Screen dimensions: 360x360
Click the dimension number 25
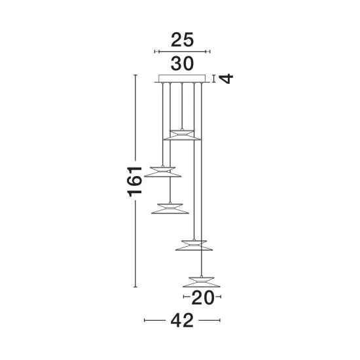[183, 40]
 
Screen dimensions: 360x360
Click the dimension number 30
[183, 63]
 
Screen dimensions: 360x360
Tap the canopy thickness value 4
[226, 79]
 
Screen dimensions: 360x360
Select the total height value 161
[135, 181]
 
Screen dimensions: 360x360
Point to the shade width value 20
[202, 298]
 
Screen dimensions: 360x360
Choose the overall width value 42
[182, 321]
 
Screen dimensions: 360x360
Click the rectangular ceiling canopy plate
[182, 79]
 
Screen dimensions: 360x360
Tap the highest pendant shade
[182, 135]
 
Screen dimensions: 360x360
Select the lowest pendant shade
[202, 282]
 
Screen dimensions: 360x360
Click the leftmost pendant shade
[162, 172]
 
